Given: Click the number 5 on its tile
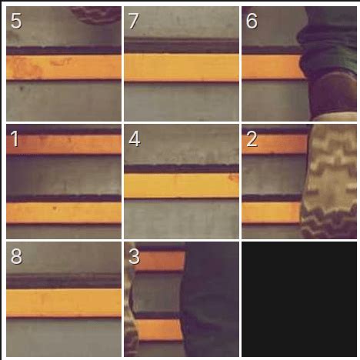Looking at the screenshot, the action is click(x=16, y=21).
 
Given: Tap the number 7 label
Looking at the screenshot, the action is click(x=134, y=21).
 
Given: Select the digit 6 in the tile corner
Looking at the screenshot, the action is click(x=252, y=21).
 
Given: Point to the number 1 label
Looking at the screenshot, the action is click(x=15, y=138).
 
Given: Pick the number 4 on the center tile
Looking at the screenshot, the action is click(x=135, y=138).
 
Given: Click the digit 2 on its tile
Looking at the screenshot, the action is click(x=252, y=138).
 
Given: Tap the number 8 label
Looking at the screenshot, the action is click(x=16, y=256).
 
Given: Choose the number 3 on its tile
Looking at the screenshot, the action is click(x=134, y=256).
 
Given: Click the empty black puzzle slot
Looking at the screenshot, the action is click(x=299, y=299).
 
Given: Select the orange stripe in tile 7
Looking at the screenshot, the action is click(x=182, y=67).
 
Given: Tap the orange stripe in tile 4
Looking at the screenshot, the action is click(x=182, y=185).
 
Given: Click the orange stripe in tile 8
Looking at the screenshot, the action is click(x=64, y=303).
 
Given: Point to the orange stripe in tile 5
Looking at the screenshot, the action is click(x=64, y=67).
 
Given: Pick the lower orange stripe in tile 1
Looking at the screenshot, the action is click(x=64, y=212).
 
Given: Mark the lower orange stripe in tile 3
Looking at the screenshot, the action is click(x=159, y=330).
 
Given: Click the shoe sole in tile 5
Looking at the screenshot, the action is click(x=96, y=15).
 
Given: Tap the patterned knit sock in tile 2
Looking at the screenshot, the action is click(x=329, y=182).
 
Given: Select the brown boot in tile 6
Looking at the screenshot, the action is click(x=333, y=95).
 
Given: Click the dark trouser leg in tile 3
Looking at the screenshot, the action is click(x=210, y=299).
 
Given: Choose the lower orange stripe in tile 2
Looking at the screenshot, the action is click(x=272, y=212).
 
